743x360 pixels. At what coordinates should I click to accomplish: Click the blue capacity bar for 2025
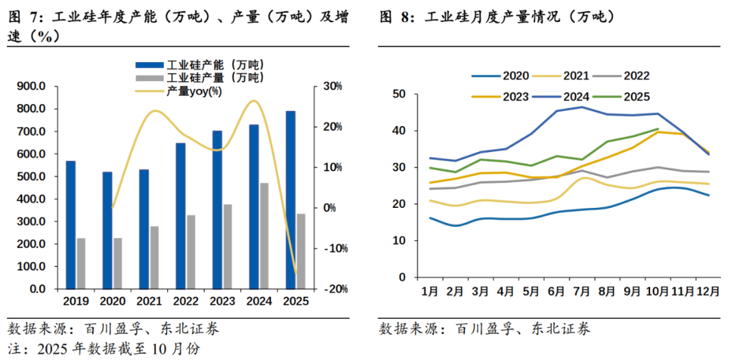tap(291, 200)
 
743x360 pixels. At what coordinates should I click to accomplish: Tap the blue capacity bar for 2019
tap(71, 224)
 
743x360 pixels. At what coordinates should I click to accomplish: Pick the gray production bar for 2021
tap(154, 257)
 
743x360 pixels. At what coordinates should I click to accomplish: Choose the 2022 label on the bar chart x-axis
tap(186, 301)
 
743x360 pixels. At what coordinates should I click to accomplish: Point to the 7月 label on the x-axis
tap(582, 290)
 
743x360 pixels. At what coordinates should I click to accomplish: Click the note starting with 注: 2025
tap(104, 349)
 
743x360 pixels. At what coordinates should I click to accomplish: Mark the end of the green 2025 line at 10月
tap(658, 129)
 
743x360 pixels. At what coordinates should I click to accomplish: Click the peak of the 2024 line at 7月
tap(582, 107)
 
